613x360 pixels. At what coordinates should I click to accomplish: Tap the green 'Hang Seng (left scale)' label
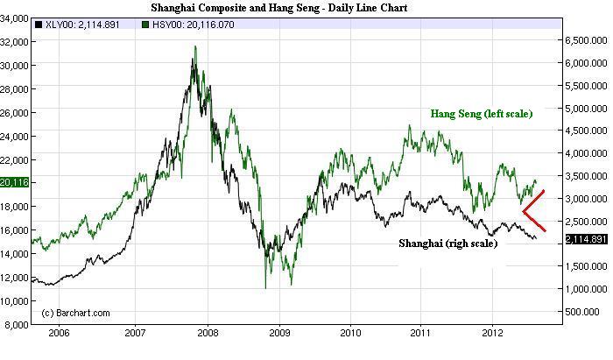coord(481,114)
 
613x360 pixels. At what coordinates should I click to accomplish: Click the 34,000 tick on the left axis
coord(14,18)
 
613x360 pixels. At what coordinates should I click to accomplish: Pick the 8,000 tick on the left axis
coord(16,324)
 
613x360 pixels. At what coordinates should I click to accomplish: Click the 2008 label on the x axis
coord(207,334)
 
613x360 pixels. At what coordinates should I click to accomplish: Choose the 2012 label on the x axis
coord(492,334)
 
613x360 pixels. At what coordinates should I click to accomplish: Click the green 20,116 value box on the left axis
coord(15,182)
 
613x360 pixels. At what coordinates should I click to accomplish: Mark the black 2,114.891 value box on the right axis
coord(585,239)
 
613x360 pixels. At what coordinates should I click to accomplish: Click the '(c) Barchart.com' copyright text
coord(75,313)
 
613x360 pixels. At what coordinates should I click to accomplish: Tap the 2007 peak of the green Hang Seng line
coord(194,59)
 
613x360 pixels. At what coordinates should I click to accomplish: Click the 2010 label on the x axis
coord(350,334)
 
